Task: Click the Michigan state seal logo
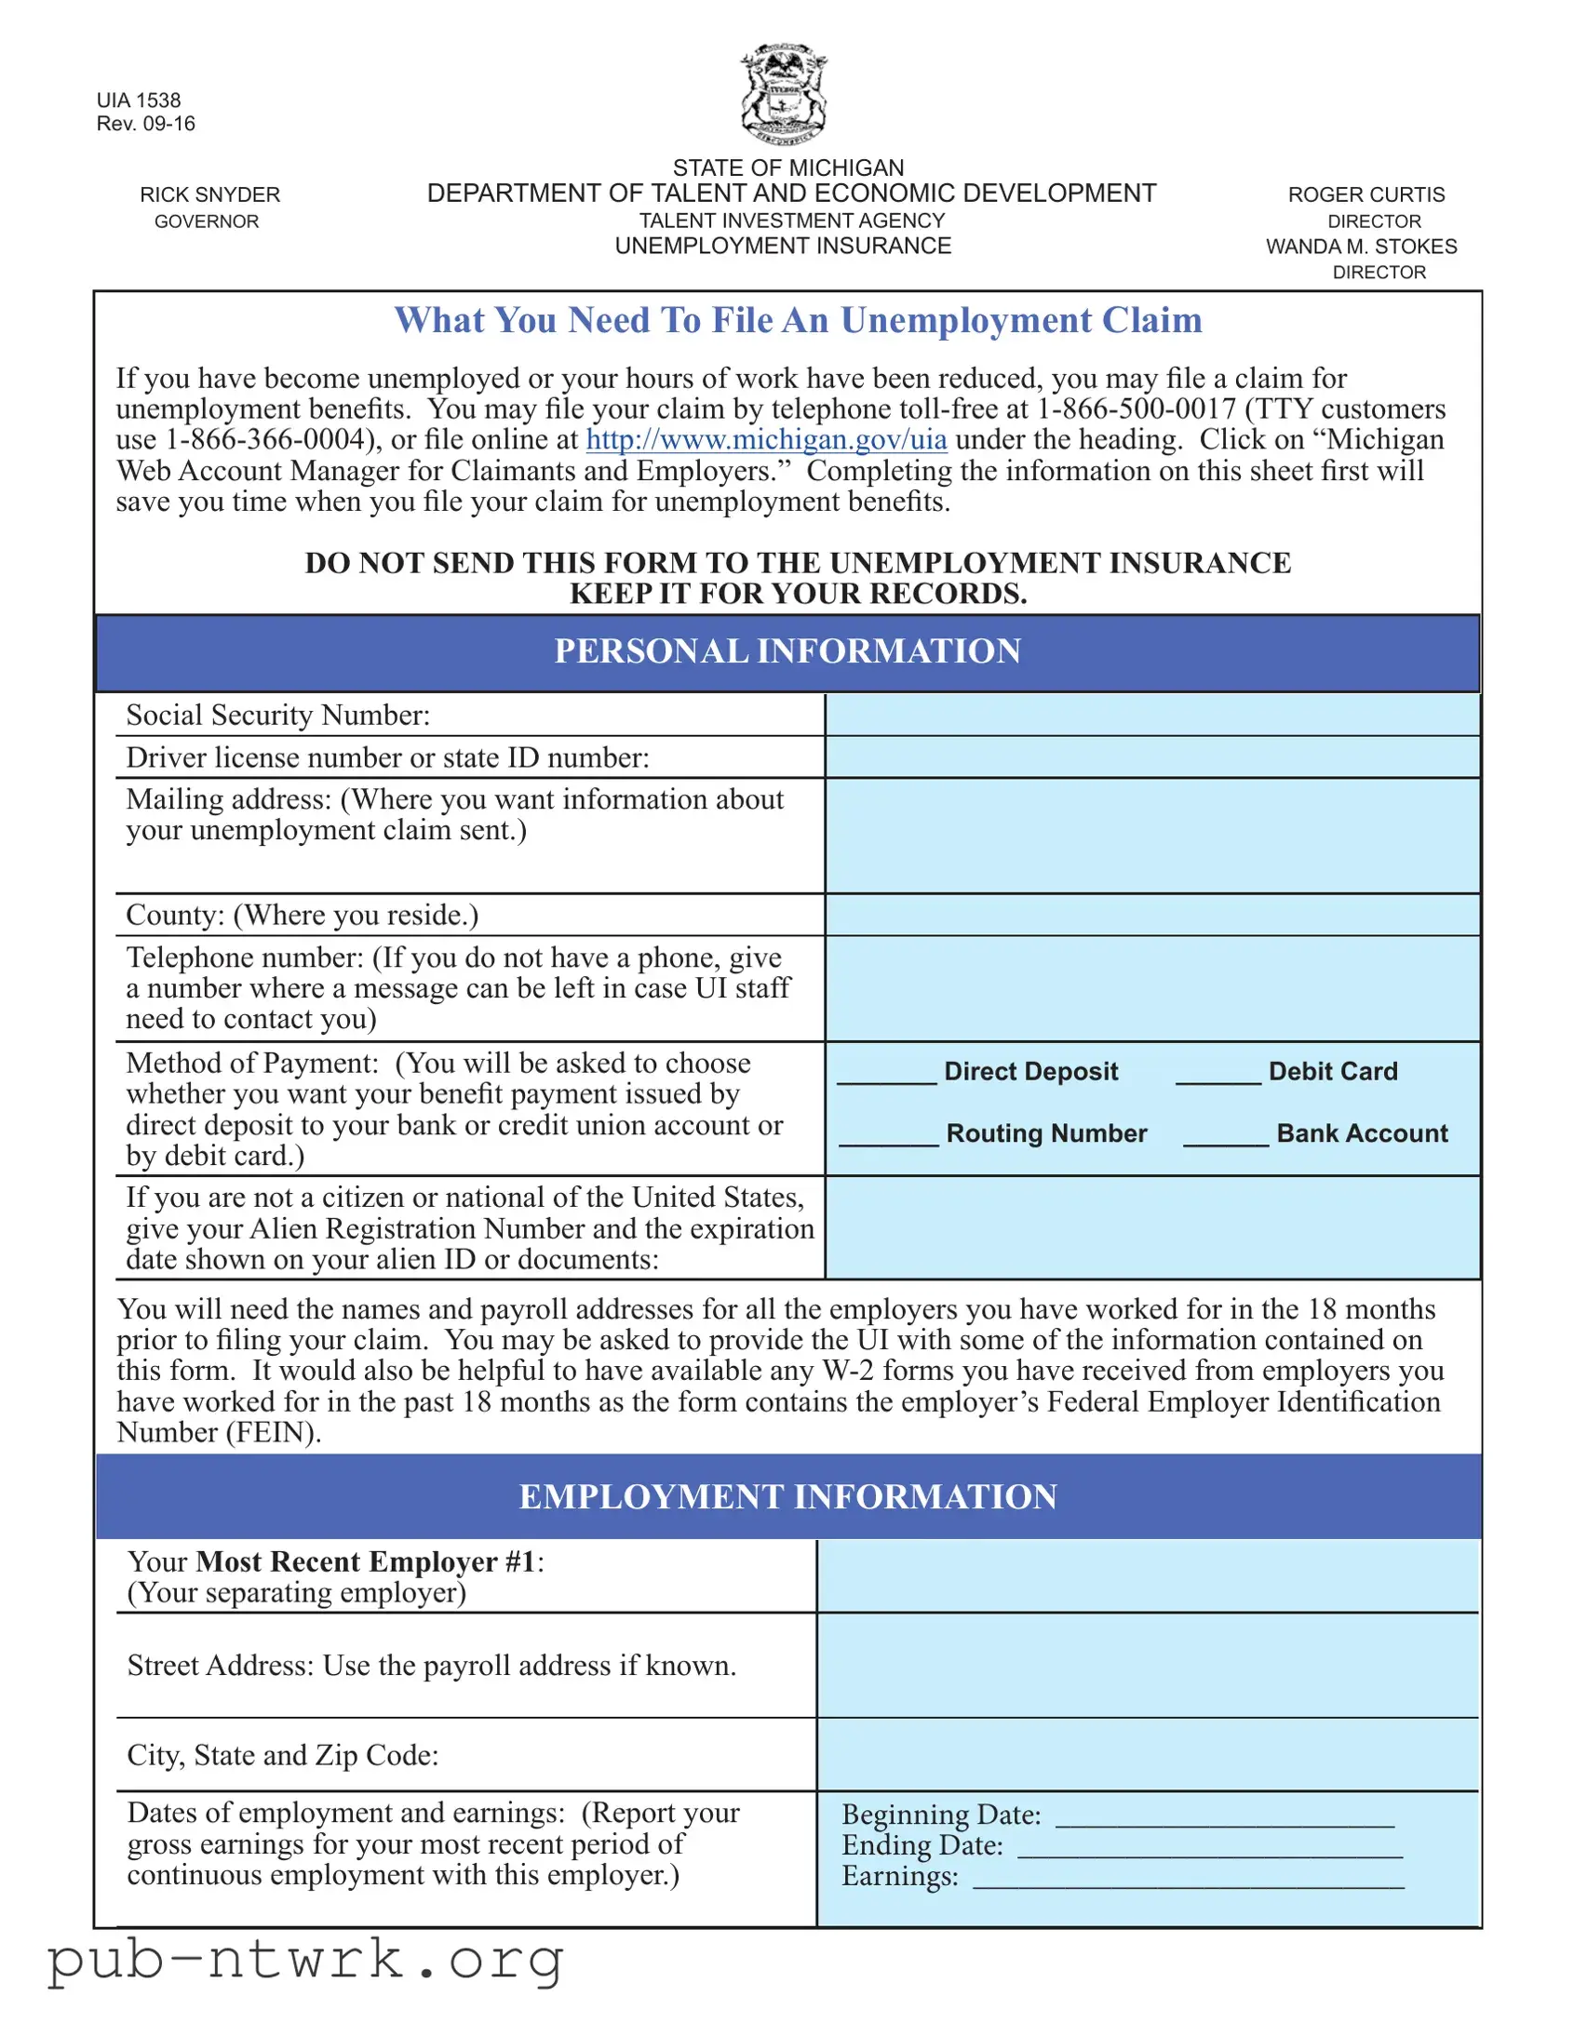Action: point(784,94)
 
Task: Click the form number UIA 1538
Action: point(138,100)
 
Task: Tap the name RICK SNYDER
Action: point(209,194)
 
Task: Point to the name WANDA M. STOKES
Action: point(1361,247)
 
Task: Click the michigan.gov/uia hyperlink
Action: point(765,439)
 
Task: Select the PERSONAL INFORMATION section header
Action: point(787,651)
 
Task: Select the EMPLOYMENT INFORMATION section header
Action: point(787,1497)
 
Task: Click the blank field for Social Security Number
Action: point(1151,715)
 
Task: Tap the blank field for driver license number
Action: point(1151,757)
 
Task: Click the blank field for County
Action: point(1151,915)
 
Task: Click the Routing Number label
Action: point(1046,1133)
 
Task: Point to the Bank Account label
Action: point(1362,1133)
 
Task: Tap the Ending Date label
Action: point(922,1846)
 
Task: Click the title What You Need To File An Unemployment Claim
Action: point(799,321)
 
